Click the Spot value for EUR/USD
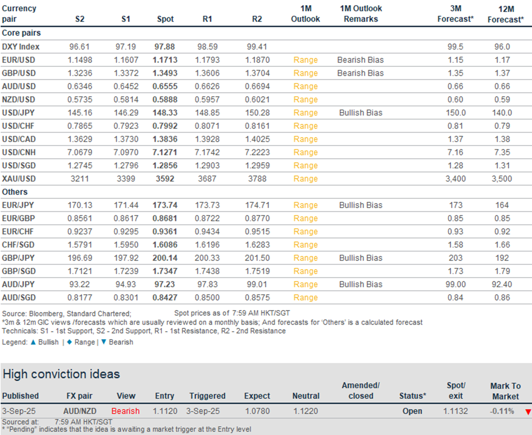[x=165, y=60]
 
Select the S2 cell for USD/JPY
[x=80, y=113]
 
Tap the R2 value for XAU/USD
[x=257, y=179]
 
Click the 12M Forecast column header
[x=506, y=14]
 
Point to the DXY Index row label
[x=21, y=47]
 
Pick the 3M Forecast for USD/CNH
[x=456, y=152]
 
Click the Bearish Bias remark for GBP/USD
[x=360, y=73]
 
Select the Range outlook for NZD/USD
[x=306, y=100]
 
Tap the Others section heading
[x=15, y=192]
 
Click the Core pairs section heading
[x=21, y=33]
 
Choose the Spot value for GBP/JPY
[x=165, y=258]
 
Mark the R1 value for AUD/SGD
[x=207, y=298]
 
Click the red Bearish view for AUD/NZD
[x=125, y=411]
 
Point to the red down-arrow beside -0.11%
[x=528, y=412]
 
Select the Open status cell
[x=412, y=411]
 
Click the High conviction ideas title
[x=61, y=374]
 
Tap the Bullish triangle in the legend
[x=33, y=342]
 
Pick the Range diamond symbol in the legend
[x=70, y=342]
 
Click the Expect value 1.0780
[x=257, y=411]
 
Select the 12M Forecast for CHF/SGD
[x=502, y=245]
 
